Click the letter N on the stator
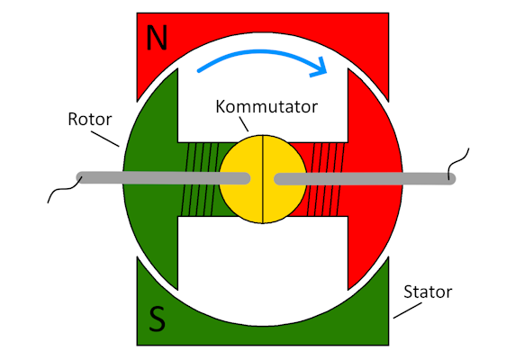pos(157,38)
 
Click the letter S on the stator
pos(157,319)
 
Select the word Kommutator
pos(267,107)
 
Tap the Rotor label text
pos(90,119)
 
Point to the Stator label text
pos(428,292)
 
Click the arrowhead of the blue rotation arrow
pos(320,67)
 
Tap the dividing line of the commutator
pos(263,179)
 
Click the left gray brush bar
pos(164,178)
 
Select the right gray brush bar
pos(365,179)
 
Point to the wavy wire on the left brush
pos(65,189)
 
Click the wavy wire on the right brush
pos(458,164)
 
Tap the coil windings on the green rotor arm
pos(200,179)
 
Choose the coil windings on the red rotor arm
pos(325,179)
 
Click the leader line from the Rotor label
pos(105,139)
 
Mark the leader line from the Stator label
pos(408,310)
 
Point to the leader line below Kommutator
pos(244,124)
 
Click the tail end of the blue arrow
pos(199,70)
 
